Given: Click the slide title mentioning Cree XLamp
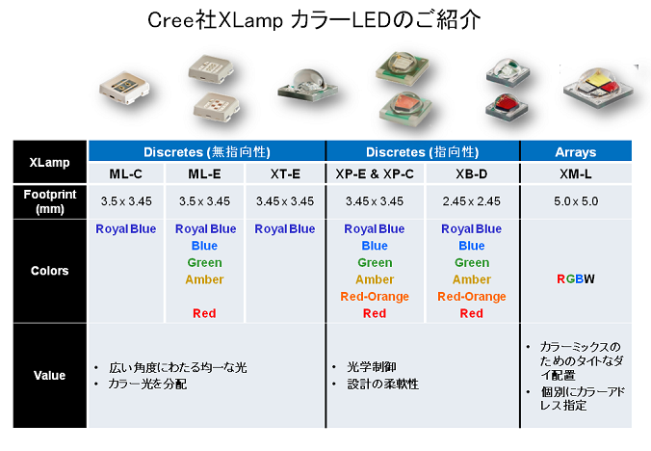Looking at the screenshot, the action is pyautogui.click(x=314, y=20).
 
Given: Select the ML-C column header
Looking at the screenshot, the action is pyautogui.click(x=126, y=173).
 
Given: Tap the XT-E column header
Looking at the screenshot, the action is pyautogui.click(x=285, y=173).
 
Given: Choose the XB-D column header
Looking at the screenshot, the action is pyautogui.click(x=472, y=173).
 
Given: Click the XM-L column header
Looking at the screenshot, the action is pyautogui.click(x=576, y=173).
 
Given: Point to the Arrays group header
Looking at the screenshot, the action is pyautogui.click(x=576, y=152).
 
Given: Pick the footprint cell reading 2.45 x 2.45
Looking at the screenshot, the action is pyautogui.click(x=472, y=201).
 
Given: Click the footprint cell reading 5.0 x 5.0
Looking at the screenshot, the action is pyautogui.click(x=576, y=201).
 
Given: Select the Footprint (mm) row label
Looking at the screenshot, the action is pyautogui.click(x=50, y=201).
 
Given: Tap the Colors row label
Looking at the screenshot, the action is pyautogui.click(x=50, y=271).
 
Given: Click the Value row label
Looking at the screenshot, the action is pyautogui.click(x=50, y=376).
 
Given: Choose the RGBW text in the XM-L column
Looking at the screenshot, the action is pyautogui.click(x=576, y=279).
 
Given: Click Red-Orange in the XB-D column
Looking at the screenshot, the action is pyautogui.click(x=472, y=297).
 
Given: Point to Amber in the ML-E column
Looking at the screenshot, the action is pyautogui.click(x=204, y=279).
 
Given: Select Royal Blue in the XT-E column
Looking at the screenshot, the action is pyautogui.click(x=285, y=228).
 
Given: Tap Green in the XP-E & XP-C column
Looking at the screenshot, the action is pyautogui.click(x=375, y=263).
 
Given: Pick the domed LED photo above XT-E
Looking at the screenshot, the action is pyautogui.click(x=307, y=86).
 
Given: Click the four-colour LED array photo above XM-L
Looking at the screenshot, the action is pyautogui.click(x=598, y=87).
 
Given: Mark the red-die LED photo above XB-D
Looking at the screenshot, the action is pyautogui.click(x=507, y=106).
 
